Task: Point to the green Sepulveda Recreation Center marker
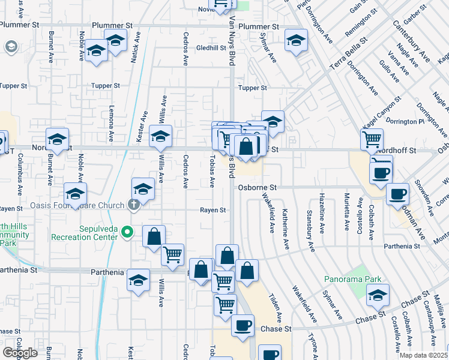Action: [127, 232]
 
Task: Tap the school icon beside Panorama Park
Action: [378, 294]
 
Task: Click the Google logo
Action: [20, 353]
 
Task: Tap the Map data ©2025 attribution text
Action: [423, 355]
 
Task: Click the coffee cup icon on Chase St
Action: [243, 326]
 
